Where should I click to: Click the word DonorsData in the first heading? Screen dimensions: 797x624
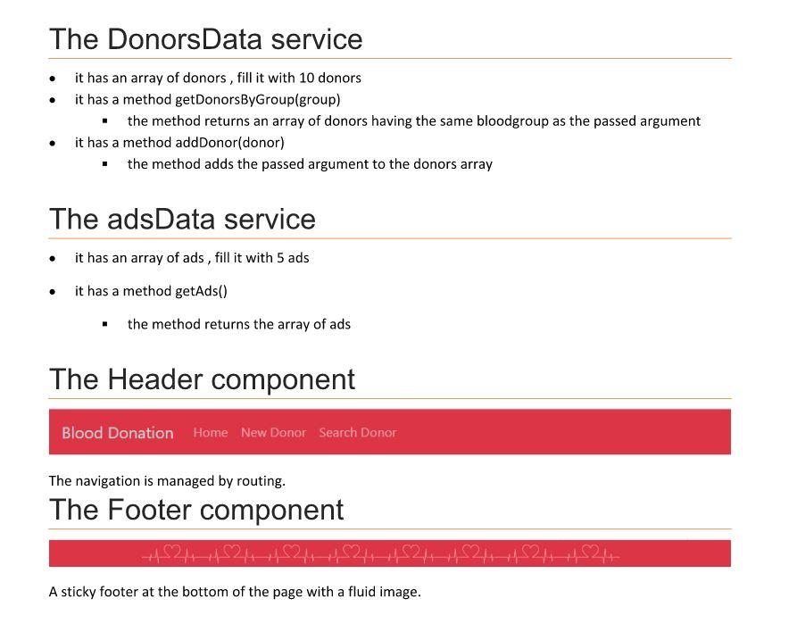[x=185, y=39]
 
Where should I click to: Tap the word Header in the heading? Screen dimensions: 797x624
[x=155, y=379]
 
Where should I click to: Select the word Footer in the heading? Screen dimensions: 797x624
[x=154, y=510]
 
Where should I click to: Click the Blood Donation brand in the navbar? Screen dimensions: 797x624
[x=118, y=433]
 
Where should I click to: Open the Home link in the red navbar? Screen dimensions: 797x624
[x=211, y=433]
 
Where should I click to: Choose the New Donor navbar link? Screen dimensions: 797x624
[x=273, y=433]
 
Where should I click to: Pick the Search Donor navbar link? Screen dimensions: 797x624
[x=358, y=433]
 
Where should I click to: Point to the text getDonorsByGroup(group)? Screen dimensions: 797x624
[x=258, y=100]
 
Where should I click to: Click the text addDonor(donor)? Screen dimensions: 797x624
[x=229, y=143]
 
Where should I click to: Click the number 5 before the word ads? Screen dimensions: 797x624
[x=280, y=258]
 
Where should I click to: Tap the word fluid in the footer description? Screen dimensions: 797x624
[x=360, y=592]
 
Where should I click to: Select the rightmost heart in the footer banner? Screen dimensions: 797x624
[x=591, y=552]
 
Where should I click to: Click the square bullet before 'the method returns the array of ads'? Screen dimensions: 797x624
[x=104, y=324]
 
